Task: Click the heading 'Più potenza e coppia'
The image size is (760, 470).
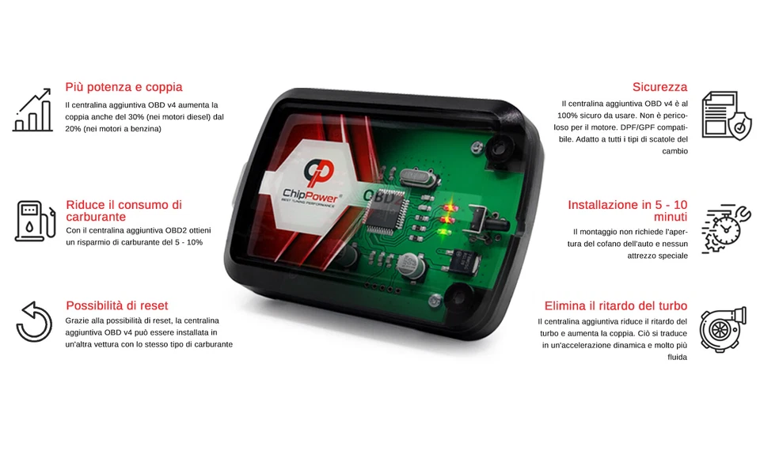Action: coord(123,87)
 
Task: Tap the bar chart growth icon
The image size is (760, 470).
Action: coord(33,110)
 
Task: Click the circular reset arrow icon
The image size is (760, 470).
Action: coord(34,321)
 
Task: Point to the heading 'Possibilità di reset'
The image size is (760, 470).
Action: coord(117,305)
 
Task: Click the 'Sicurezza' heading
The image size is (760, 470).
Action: coord(659,87)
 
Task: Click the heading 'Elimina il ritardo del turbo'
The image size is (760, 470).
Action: coord(616,305)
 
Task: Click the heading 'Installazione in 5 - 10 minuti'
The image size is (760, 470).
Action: coord(627,210)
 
